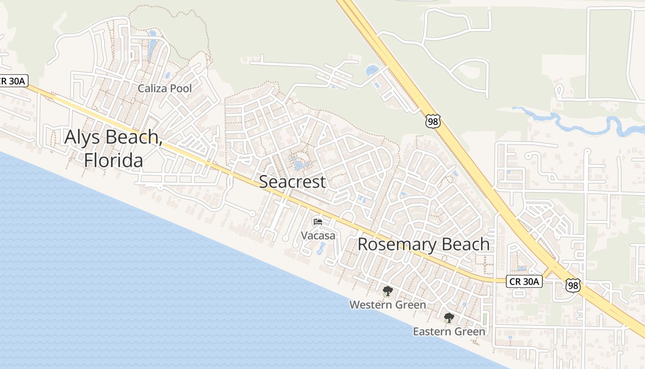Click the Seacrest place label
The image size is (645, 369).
click(x=292, y=182)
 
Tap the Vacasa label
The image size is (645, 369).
click(x=318, y=235)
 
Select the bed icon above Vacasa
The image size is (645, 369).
click(x=318, y=222)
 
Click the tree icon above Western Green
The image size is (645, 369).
click(x=387, y=291)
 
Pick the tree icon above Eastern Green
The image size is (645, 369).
click(x=449, y=318)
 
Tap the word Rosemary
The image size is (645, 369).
click(x=391, y=244)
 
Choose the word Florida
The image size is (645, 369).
click(x=113, y=160)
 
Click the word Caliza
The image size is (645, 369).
click(x=152, y=88)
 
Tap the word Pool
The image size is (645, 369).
click(x=180, y=88)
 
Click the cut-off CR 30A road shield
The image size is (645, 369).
click(x=14, y=81)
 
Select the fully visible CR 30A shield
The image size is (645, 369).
click(x=524, y=281)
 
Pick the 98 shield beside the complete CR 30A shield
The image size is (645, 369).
click(x=573, y=286)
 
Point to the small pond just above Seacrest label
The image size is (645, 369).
click(x=299, y=164)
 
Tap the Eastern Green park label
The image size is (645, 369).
click(x=449, y=332)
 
